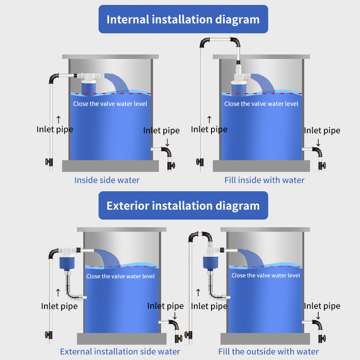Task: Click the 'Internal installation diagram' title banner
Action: [x=183, y=19]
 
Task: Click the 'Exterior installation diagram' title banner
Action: [x=183, y=206]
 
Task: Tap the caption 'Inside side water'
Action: [x=107, y=180]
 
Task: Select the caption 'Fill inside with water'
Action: [x=265, y=180]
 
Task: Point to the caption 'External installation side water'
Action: [x=120, y=351]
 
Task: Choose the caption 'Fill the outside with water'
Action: [x=269, y=351]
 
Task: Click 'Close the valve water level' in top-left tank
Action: [x=110, y=104]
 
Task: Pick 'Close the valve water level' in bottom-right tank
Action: [x=265, y=275]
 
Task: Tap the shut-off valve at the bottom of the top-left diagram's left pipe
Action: [x=49, y=162]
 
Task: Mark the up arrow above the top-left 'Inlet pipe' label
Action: [x=58, y=119]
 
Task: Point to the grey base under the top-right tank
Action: [x=261, y=166]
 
